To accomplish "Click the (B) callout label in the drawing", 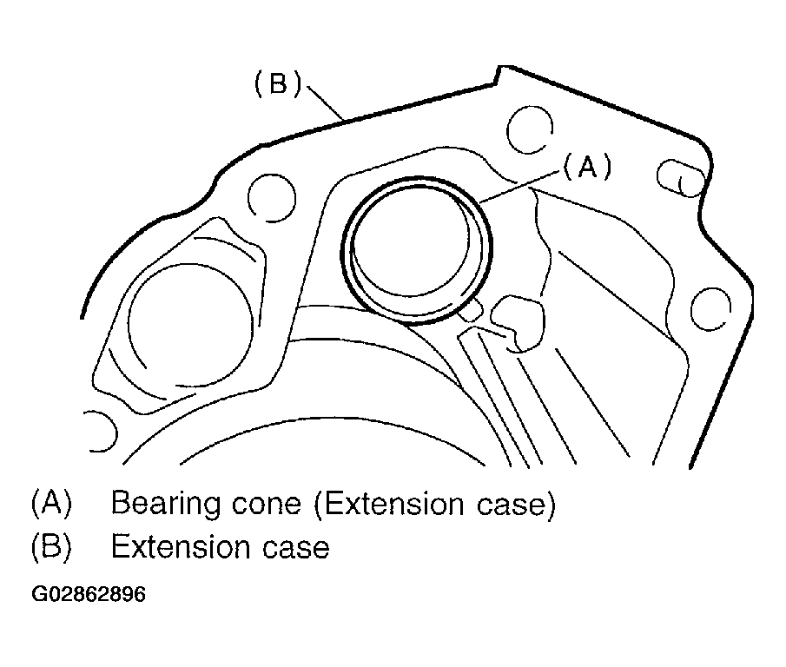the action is pos(278,83).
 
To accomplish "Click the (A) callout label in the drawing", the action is pos(588,166).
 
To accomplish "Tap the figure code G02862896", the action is pos(89,594).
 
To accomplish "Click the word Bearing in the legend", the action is pos(165,504).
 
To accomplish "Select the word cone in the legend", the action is pos(266,504).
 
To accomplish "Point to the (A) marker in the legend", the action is pos(51,503).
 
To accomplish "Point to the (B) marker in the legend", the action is pos(51,546).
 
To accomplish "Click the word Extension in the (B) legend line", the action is pos(180,546).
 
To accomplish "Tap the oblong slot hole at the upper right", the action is pos(680,178).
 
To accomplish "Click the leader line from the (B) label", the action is pos(326,103).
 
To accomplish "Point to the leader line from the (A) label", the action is pos(520,187).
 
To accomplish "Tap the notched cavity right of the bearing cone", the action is pos(518,323).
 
